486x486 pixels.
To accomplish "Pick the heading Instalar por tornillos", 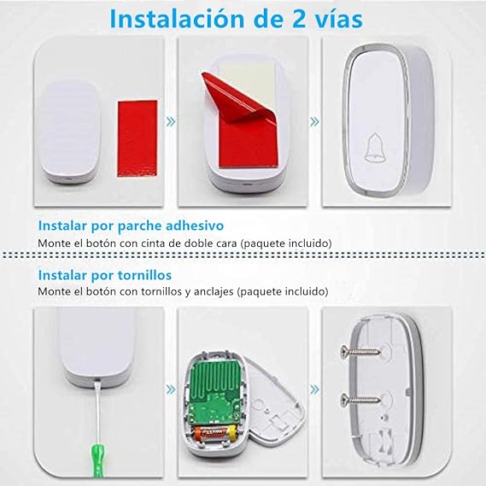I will (104, 275).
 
